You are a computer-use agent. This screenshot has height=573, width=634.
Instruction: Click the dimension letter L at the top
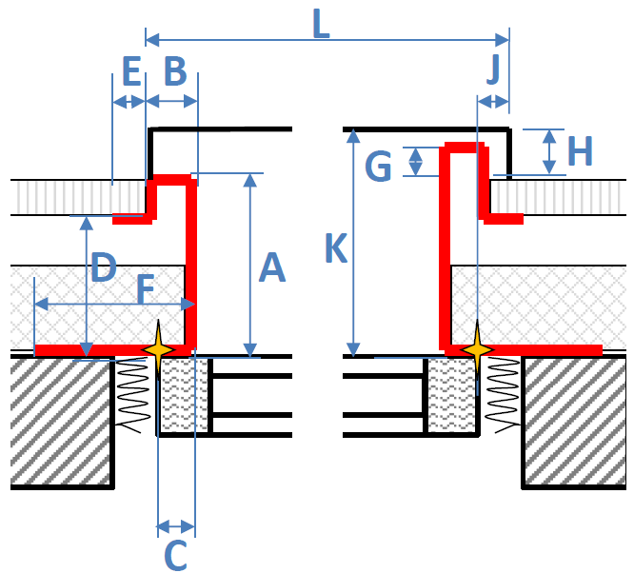point(322,24)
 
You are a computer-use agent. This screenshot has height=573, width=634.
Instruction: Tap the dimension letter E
point(131,71)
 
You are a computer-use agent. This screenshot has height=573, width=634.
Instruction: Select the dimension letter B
point(175,71)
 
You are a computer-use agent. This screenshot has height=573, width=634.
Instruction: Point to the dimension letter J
point(494,69)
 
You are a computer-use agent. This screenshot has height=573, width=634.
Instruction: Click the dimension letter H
point(581,150)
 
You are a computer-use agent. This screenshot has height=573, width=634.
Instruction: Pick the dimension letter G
point(378,166)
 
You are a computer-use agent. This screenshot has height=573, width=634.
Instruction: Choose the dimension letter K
point(336,247)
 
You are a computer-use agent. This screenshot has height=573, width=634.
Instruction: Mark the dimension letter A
point(272,267)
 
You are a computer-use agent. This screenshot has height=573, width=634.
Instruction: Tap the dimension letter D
point(104,267)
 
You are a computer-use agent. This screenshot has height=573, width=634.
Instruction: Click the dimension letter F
point(146,288)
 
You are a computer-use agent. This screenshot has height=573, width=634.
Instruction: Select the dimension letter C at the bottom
point(176,555)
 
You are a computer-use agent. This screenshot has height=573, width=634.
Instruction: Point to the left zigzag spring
point(131,394)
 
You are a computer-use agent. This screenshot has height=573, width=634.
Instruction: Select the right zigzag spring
point(503,394)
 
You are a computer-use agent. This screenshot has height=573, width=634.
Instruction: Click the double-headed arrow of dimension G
point(415,162)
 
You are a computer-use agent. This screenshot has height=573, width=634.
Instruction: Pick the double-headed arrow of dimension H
point(548,152)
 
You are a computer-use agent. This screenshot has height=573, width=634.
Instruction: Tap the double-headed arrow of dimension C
point(176,526)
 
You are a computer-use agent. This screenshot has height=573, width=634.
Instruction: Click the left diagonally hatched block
point(60,422)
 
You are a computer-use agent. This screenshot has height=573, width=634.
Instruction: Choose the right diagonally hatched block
point(575,422)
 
